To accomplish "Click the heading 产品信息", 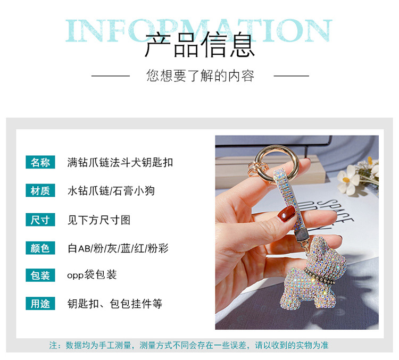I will click(x=199, y=45).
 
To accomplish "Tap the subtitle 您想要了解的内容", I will click(x=200, y=76).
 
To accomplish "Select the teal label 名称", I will click(x=40, y=162).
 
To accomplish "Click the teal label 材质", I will click(x=40, y=190).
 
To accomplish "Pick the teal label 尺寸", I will click(x=40, y=219).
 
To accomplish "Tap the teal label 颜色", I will click(x=40, y=247).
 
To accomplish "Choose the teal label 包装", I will click(x=40, y=275).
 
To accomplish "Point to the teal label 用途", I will click(x=40, y=304).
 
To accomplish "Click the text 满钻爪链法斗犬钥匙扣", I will click(x=120, y=162).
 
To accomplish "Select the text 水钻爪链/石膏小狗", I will click(x=111, y=190).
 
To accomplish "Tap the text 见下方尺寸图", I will click(x=99, y=219).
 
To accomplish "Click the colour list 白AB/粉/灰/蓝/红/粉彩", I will click(x=118, y=247).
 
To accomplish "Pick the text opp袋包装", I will click(x=92, y=275).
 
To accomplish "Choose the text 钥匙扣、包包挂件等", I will click(x=115, y=304).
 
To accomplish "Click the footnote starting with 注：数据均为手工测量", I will click(x=189, y=345).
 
